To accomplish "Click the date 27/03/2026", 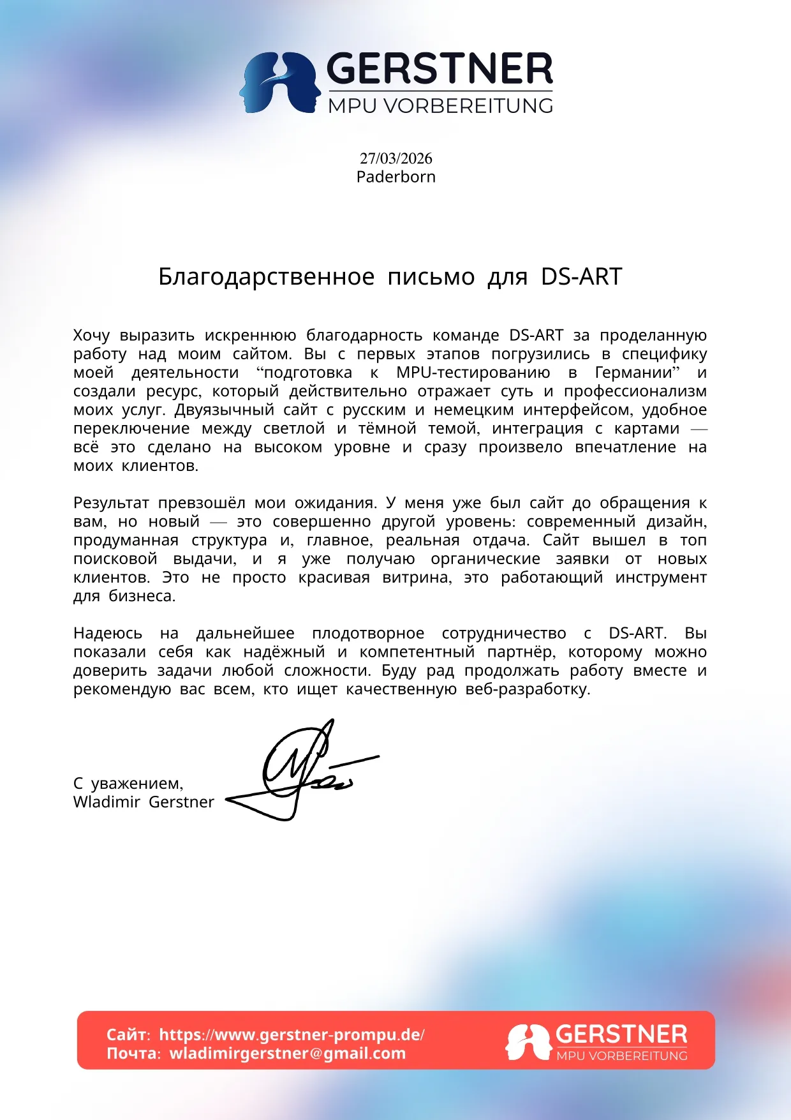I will point(395,158).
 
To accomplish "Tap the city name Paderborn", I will point(395,177).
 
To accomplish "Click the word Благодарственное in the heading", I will point(266,277).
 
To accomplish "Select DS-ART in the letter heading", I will point(581,277).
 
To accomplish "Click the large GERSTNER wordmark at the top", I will point(440,70).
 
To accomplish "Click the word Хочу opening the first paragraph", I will point(91,336).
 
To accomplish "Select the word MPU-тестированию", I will point(473,373).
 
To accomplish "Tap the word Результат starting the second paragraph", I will point(111,504).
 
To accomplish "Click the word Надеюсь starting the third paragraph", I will point(107,634).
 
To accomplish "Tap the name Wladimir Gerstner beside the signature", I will point(144,802).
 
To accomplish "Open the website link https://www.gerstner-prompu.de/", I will point(292,1034).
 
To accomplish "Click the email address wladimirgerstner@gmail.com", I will point(287,1053).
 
